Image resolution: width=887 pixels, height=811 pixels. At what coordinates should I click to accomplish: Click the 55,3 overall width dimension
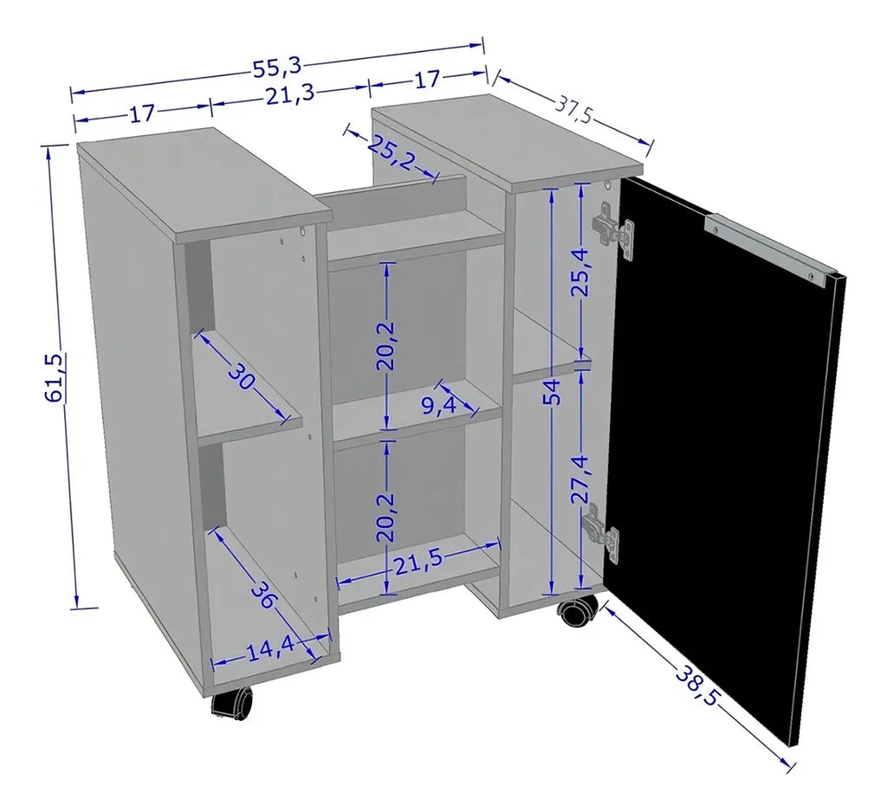pos(277,68)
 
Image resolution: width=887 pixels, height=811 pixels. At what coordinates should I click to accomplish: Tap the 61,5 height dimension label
pos(55,377)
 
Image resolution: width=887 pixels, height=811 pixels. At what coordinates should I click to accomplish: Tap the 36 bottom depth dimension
pos(262,595)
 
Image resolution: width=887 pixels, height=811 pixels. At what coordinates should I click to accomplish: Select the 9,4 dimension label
pos(439,405)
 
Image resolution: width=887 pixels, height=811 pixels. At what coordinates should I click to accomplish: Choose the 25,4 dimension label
pos(580,273)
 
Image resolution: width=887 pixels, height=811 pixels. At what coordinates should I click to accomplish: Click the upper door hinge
pos(612,230)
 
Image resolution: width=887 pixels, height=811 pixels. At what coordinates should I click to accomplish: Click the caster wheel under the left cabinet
pos(232,703)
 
